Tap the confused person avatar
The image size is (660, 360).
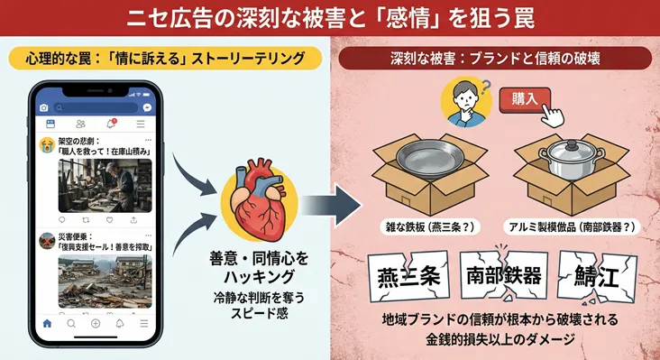pos(463,101)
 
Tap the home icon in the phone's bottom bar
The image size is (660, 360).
pos(47,322)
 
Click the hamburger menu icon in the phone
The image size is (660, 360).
pos(140,123)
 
